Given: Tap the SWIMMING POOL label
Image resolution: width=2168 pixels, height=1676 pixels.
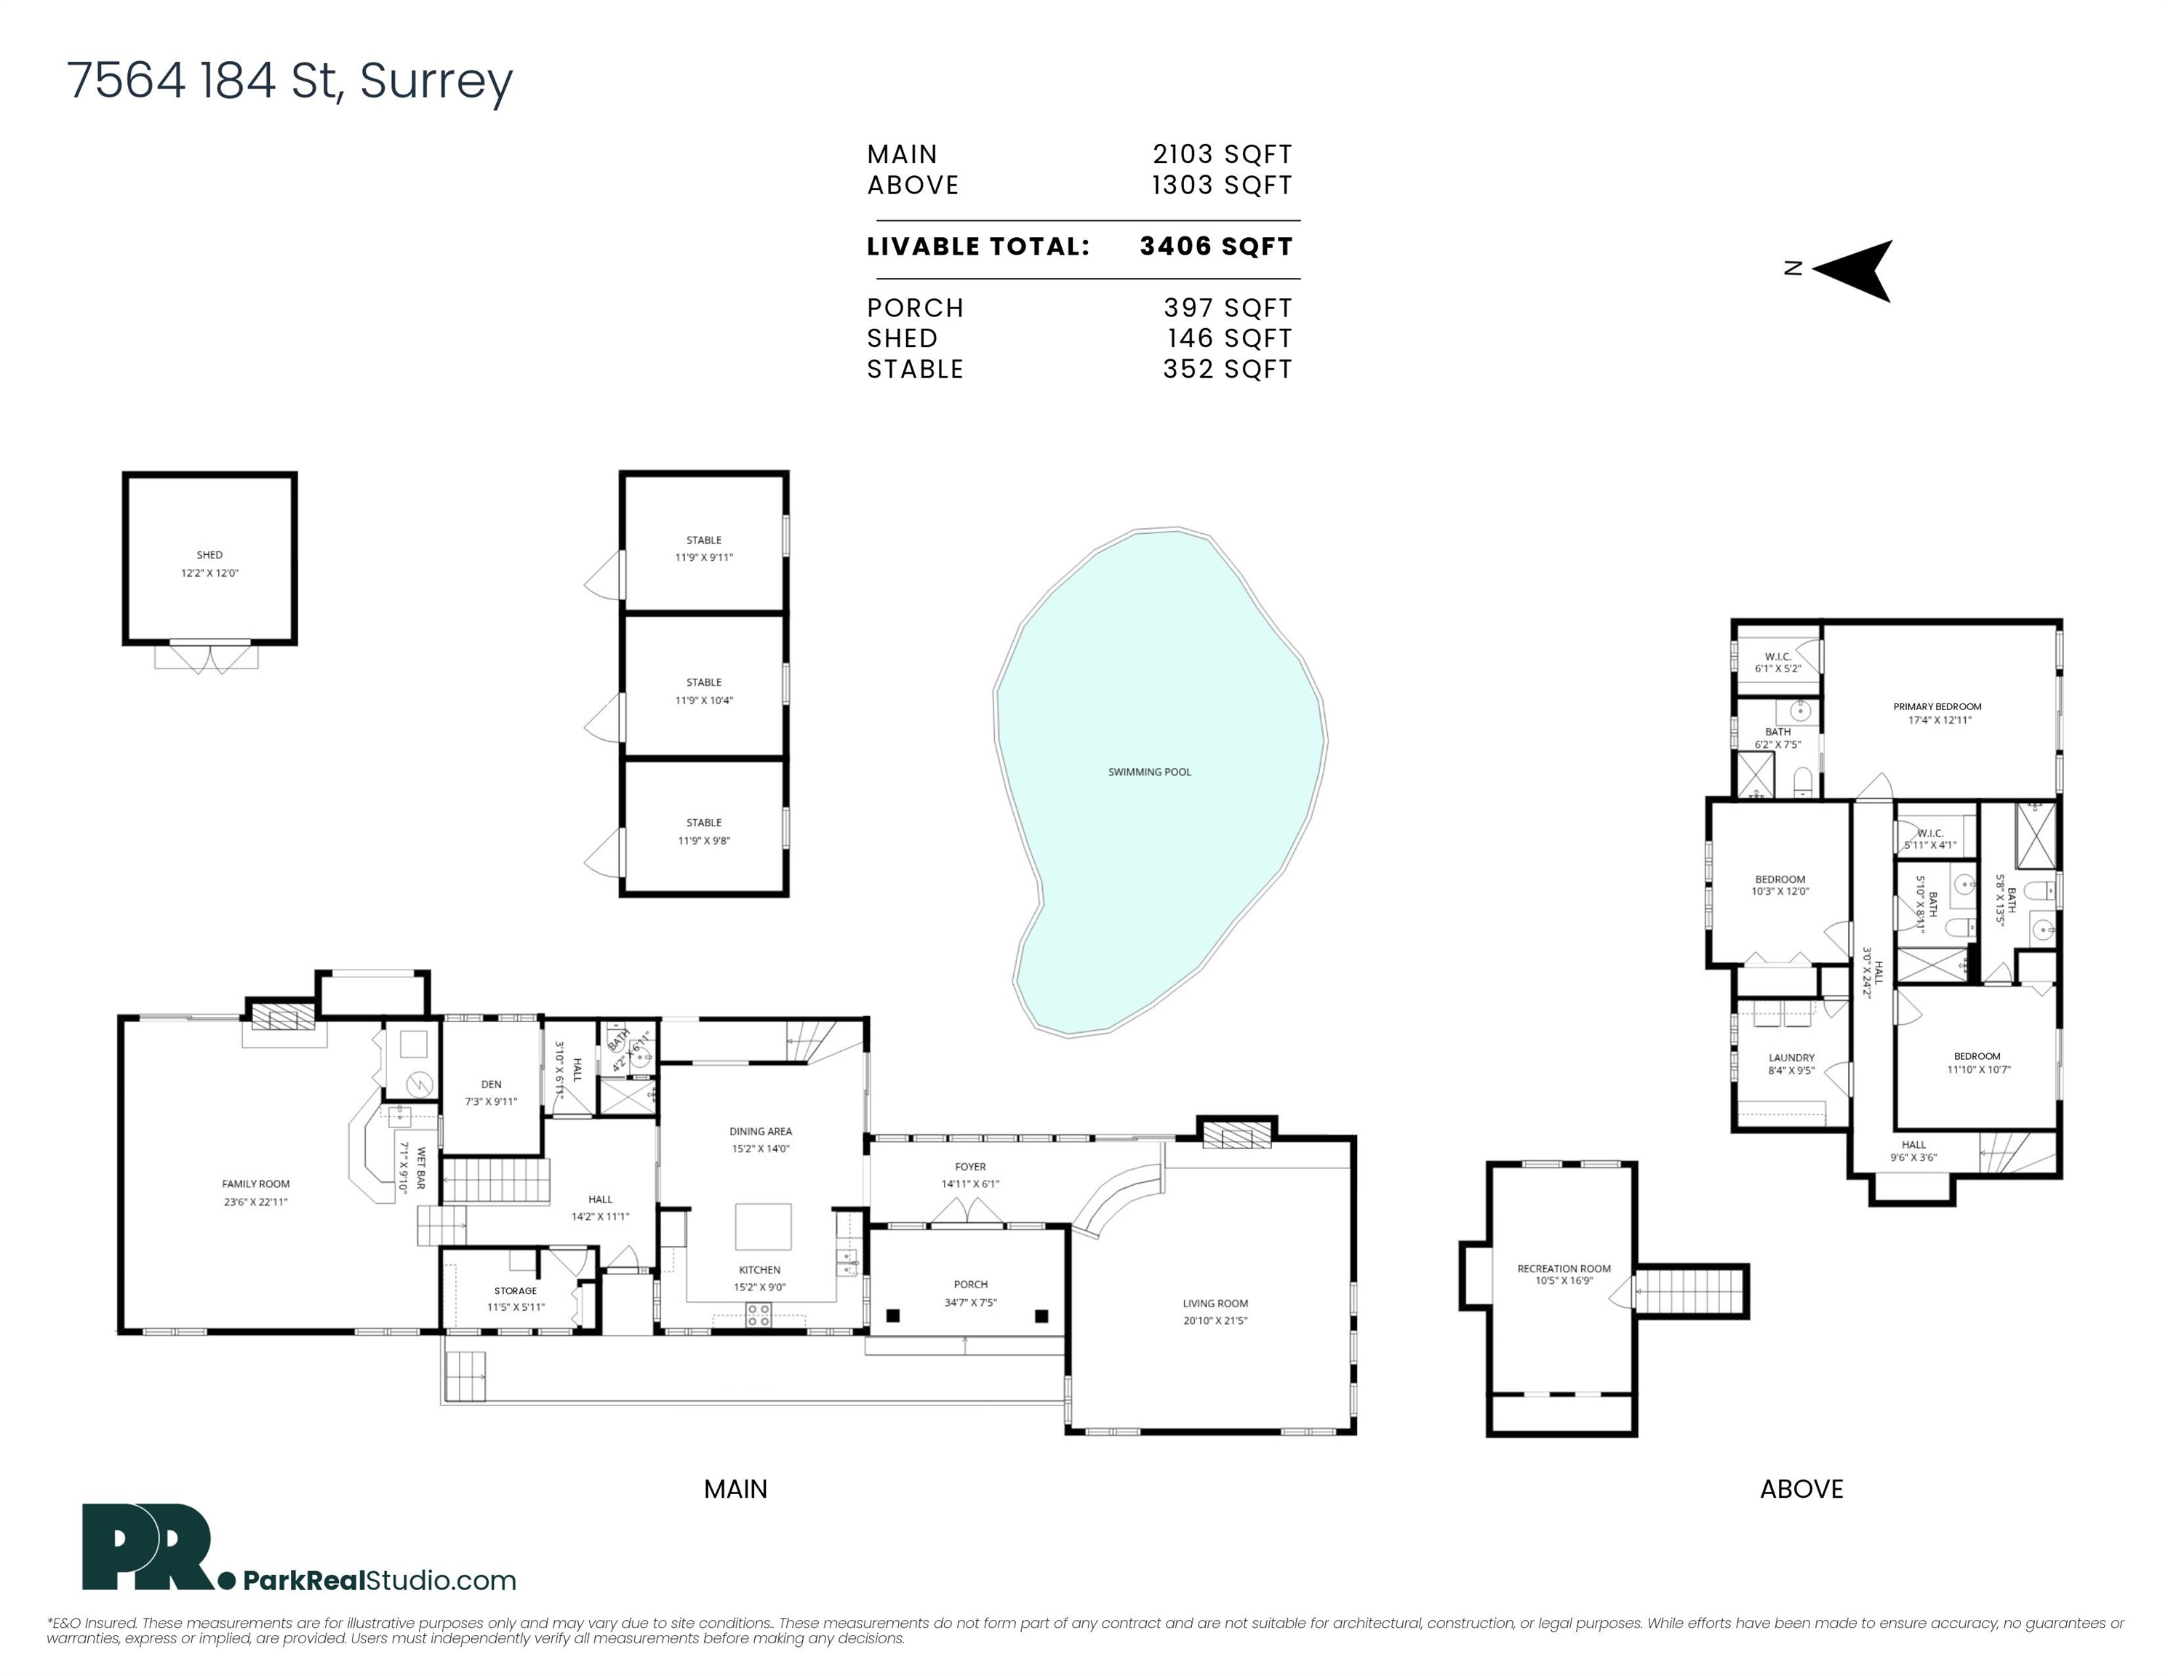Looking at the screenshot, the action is pyautogui.click(x=1150, y=772).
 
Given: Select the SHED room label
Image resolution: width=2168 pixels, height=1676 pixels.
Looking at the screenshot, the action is pyautogui.click(x=209, y=555).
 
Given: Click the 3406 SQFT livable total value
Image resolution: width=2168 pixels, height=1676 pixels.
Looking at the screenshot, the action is pyautogui.click(x=1216, y=247).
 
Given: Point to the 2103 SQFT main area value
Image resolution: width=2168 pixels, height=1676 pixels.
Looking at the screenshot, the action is pyautogui.click(x=1222, y=154).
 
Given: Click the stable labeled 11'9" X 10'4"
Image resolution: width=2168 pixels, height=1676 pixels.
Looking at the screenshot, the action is pyautogui.click(x=704, y=691).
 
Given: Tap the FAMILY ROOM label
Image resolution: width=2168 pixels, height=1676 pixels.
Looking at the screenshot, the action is pyautogui.click(x=256, y=1184).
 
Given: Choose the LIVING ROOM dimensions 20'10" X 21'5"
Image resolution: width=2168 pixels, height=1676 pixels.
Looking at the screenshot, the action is pyautogui.click(x=1215, y=1320).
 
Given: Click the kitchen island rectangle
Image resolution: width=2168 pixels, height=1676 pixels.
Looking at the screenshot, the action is pyautogui.click(x=764, y=1226).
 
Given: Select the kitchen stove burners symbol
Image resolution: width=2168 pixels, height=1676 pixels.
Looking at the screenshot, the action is pyautogui.click(x=759, y=1316).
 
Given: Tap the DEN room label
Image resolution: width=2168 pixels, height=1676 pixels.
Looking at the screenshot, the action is pyautogui.click(x=492, y=1085).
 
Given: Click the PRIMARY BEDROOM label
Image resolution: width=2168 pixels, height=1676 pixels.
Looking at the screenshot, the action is pyautogui.click(x=1937, y=707).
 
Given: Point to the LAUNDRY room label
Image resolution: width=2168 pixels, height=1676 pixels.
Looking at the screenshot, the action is pyautogui.click(x=1792, y=1058).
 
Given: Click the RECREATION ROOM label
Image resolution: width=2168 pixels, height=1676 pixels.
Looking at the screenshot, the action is pyautogui.click(x=1564, y=1268).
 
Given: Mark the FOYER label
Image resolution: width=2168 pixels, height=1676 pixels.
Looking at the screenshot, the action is pyautogui.click(x=971, y=1167).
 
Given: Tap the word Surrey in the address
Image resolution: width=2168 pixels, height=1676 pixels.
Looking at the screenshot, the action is pyautogui.click(x=436, y=81).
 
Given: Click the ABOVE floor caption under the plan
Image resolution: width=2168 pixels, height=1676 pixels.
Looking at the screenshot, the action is pyautogui.click(x=1801, y=1489).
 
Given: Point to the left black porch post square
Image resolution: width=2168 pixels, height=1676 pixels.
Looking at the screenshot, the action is pyautogui.click(x=892, y=1317).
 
